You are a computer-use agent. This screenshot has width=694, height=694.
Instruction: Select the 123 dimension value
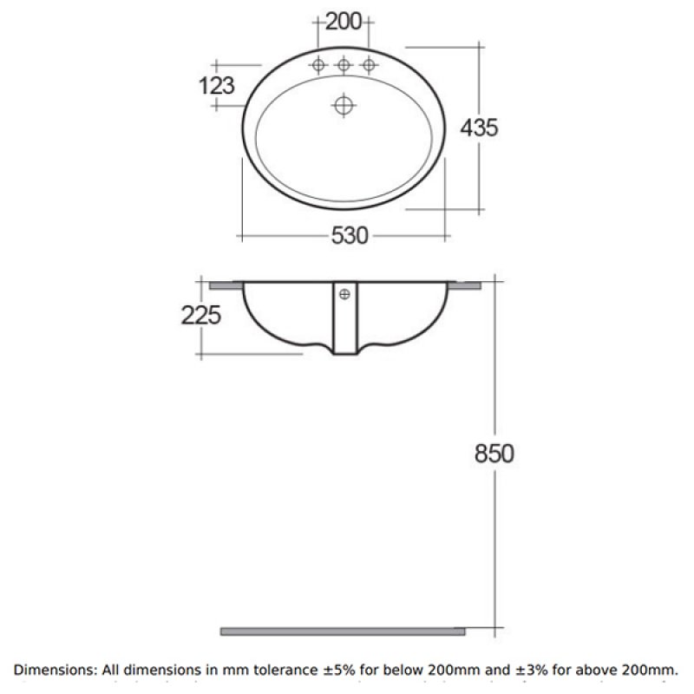coord(217,85)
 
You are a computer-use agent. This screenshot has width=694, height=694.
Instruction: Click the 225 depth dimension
coord(201,315)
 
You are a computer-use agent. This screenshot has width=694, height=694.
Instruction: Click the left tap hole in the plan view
coord(319,65)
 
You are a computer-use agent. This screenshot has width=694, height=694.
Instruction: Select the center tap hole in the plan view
coord(344,65)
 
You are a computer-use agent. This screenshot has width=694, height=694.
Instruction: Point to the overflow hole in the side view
coord(344,293)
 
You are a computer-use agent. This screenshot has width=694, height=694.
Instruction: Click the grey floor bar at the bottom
coord(343,631)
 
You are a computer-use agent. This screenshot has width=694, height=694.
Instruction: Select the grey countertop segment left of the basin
coord(226,283)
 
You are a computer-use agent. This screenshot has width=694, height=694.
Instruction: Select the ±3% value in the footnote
coord(553,671)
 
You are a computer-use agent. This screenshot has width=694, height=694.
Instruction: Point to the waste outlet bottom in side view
coord(344,353)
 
